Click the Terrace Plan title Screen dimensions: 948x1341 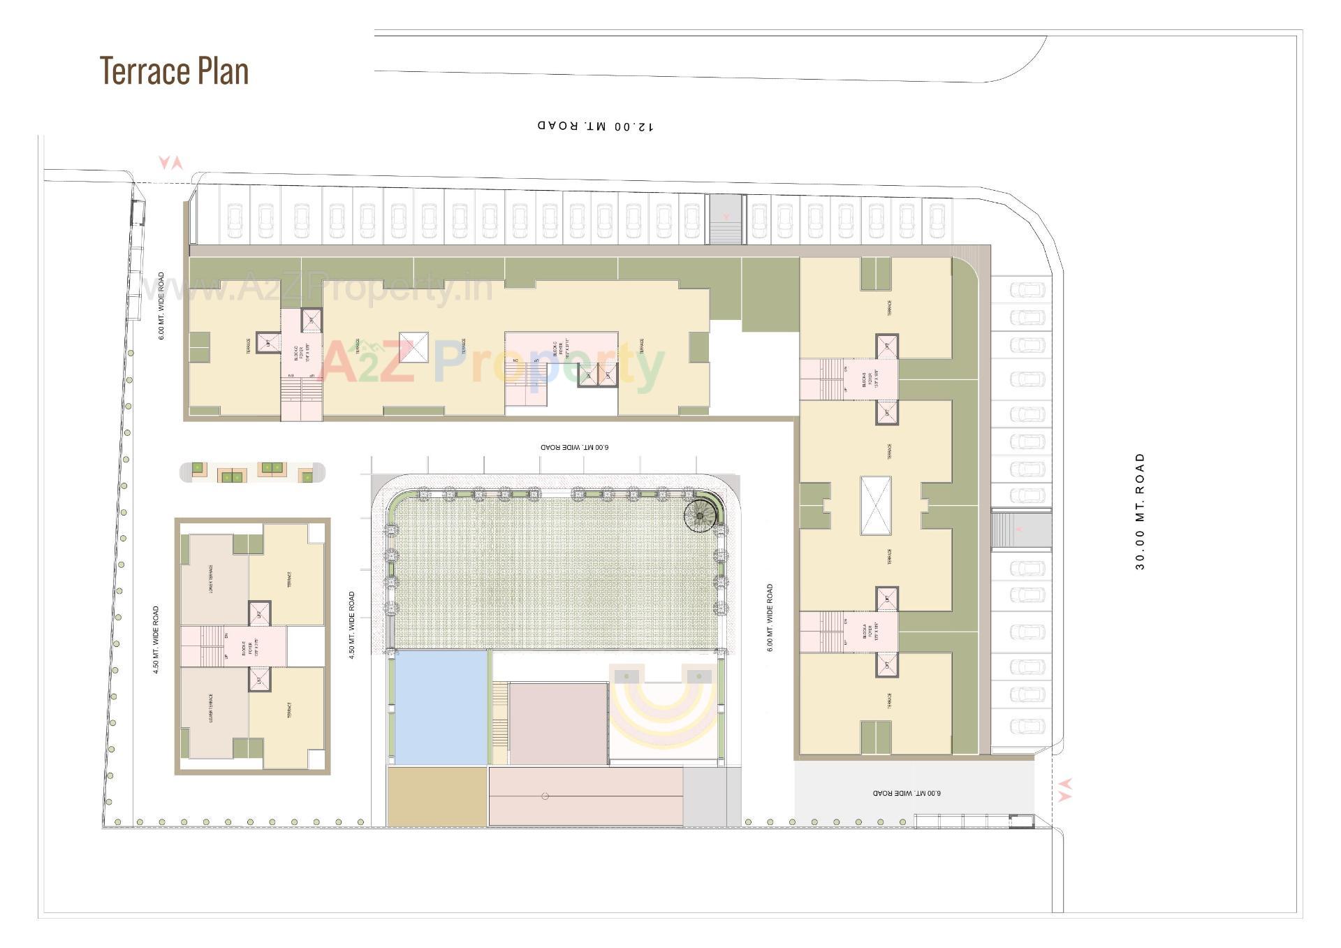[x=174, y=71]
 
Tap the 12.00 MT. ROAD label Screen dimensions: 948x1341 [x=596, y=126]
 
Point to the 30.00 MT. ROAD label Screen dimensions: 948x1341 [x=1140, y=511]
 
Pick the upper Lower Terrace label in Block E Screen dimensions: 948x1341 [x=211, y=578]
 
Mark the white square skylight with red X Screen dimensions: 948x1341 [x=413, y=347]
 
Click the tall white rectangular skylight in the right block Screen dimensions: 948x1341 [x=876, y=505]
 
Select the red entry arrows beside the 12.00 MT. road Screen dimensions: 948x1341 [x=170, y=163]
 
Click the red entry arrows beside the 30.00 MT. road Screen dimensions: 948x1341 [x=1064, y=789]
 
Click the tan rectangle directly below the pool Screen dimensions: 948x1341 [x=437, y=796]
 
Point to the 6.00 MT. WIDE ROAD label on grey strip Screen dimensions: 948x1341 [x=907, y=793]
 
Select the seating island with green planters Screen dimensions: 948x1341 [x=252, y=472]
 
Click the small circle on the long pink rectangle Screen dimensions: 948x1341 [x=545, y=796]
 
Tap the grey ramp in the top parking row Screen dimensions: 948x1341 [x=726, y=219]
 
